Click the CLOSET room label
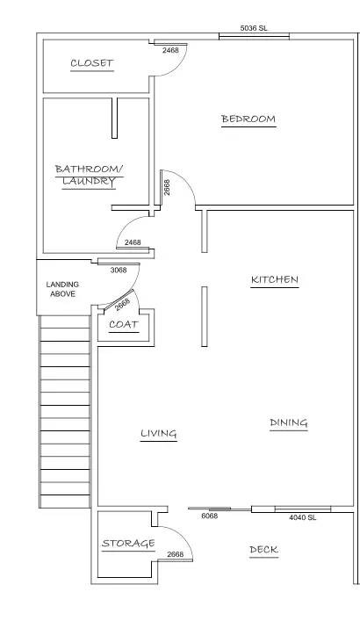point(92,63)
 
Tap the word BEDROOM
point(248,119)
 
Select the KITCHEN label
point(275,279)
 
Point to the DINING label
point(289,422)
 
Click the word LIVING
point(159,433)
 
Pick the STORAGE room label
point(128,544)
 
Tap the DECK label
point(264,550)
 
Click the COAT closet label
point(124,324)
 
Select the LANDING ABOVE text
point(62,289)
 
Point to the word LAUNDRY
point(89,182)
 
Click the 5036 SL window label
point(254,28)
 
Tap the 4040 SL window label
point(303,517)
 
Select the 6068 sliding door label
point(210,516)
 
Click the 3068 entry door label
point(119,270)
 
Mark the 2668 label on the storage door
point(176,554)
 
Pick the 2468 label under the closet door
point(170,50)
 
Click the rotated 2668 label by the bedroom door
point(167,187)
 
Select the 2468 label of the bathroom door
point(133,242)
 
